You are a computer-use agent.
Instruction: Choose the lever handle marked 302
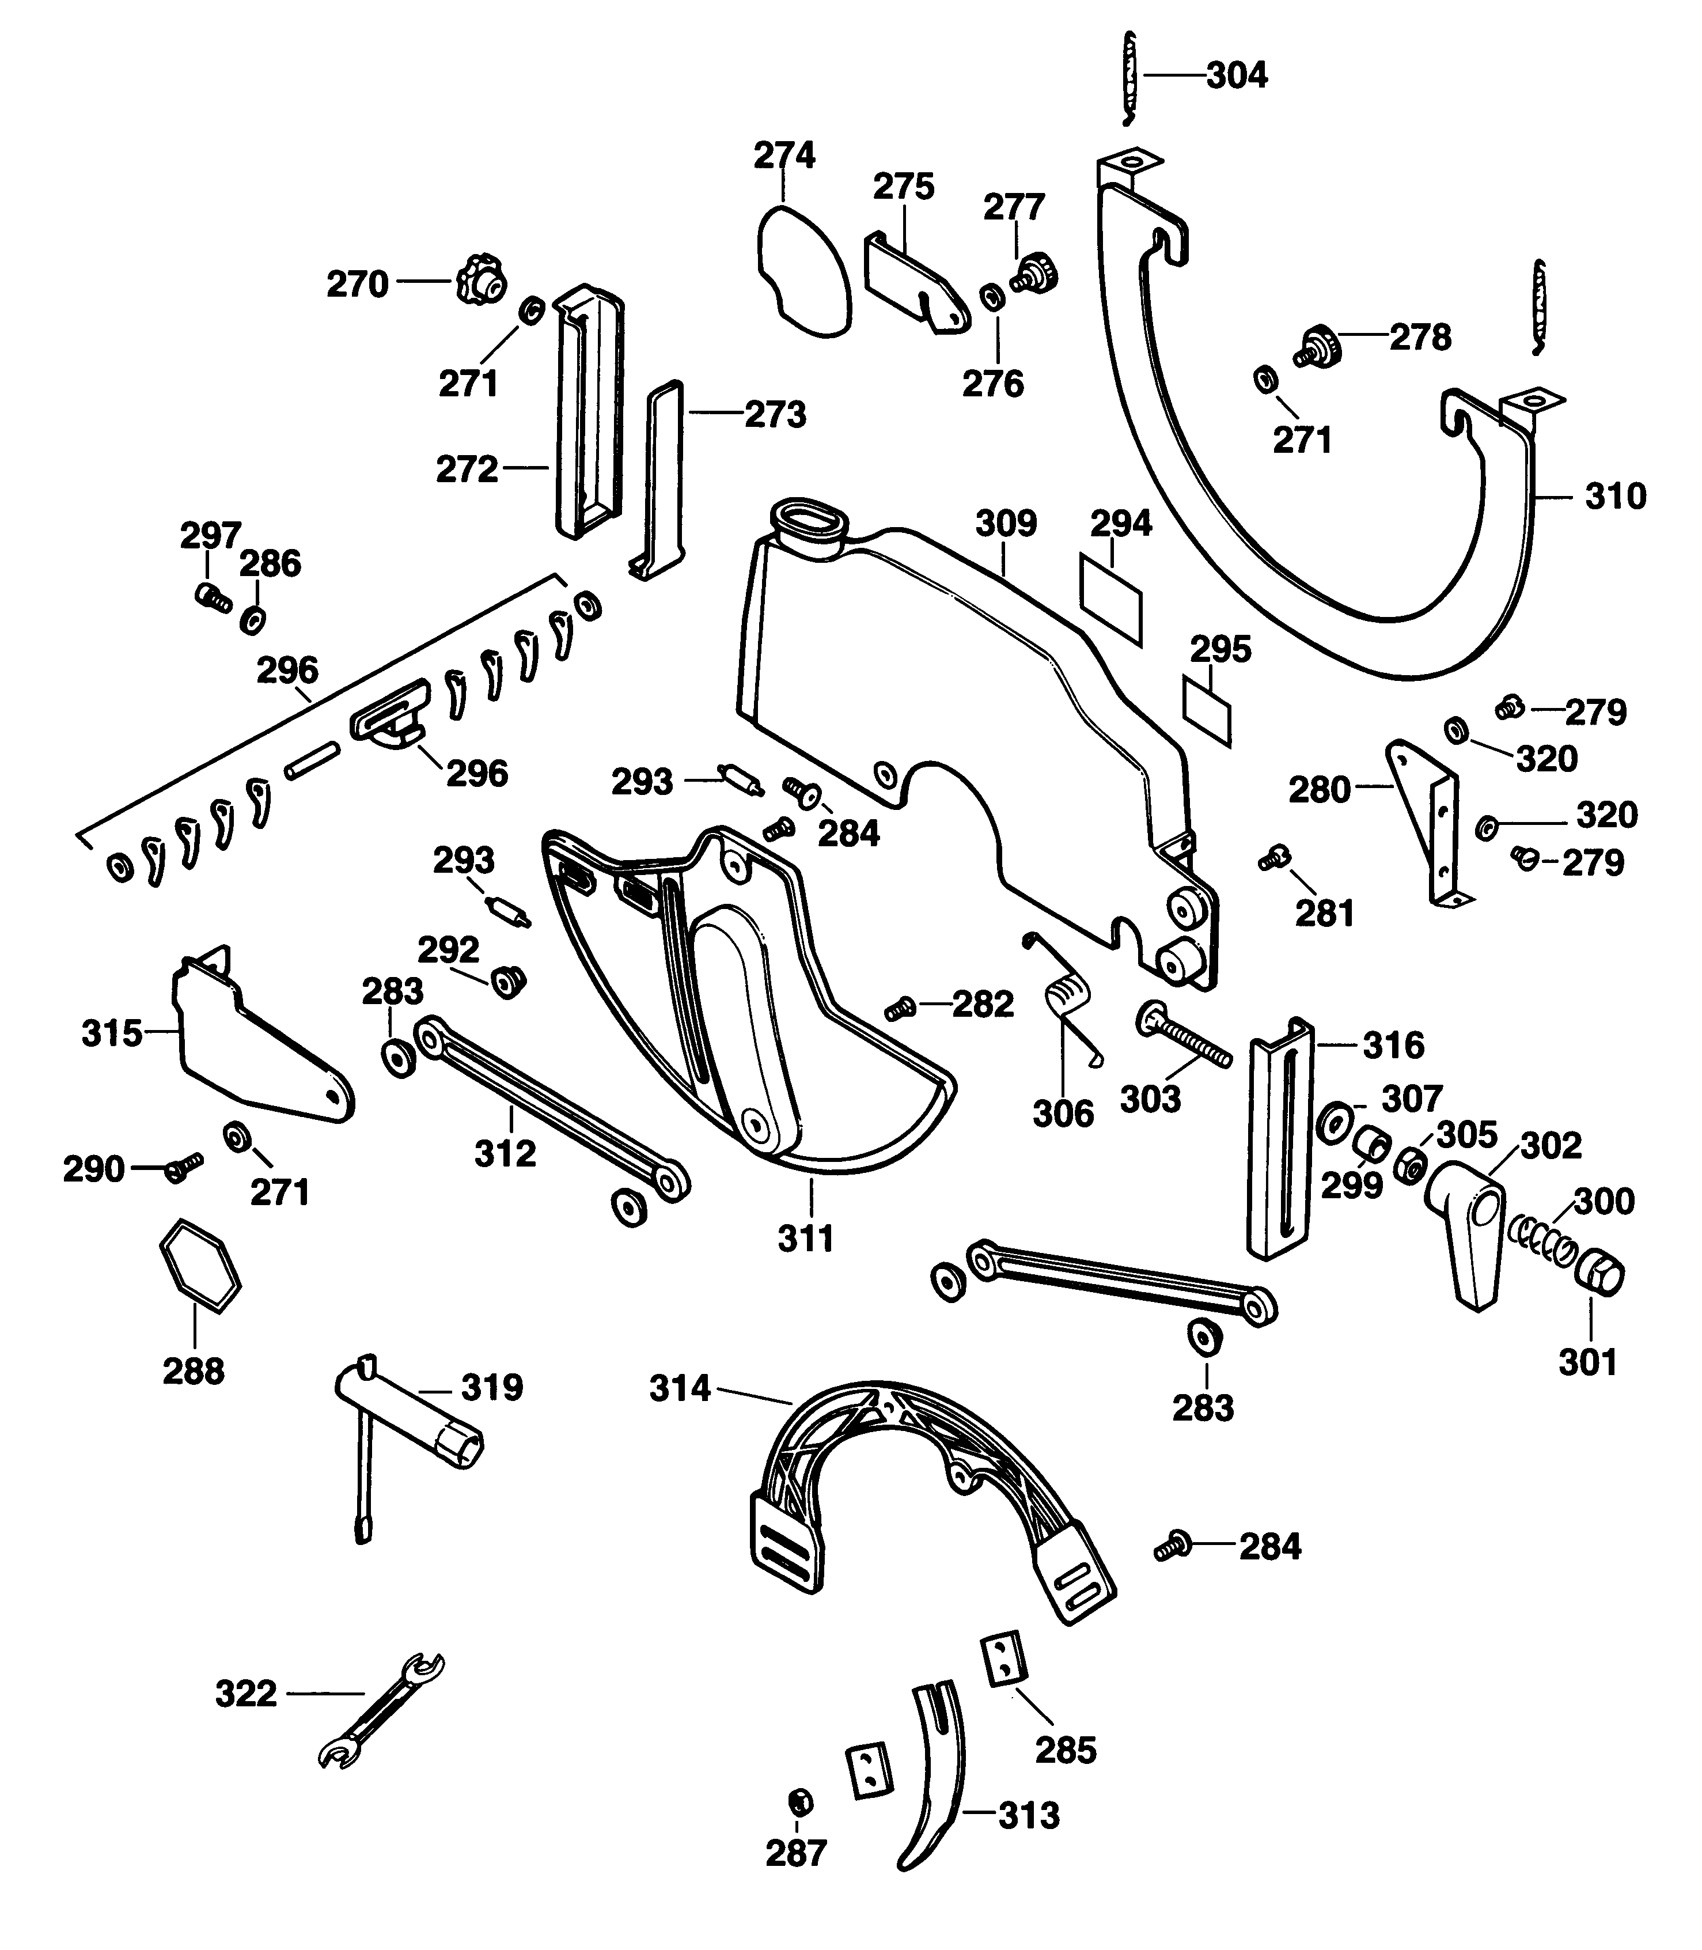click(x=1465, y=1230)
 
